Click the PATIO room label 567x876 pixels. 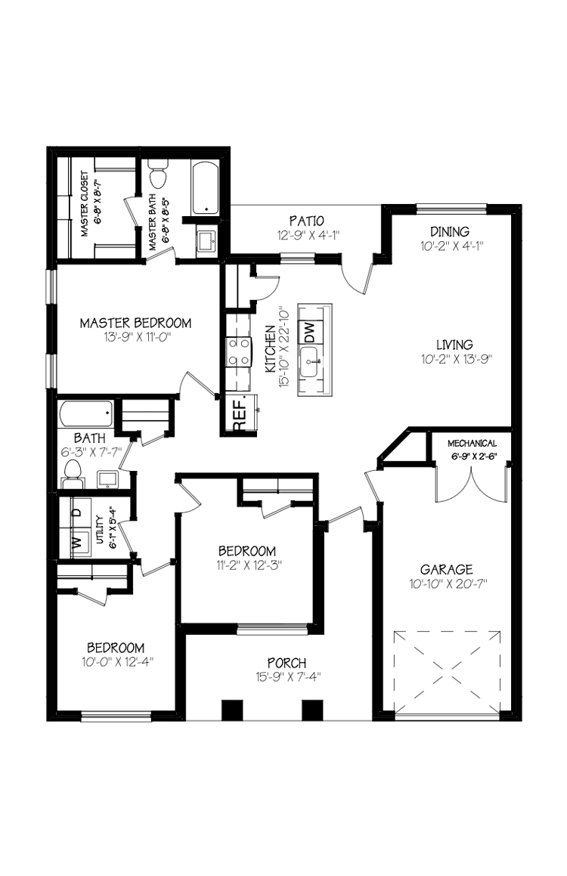pyautogui.click(x=307, y=221)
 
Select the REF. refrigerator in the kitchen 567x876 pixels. pyautogui.click(x=240, y=415)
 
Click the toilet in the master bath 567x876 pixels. pyautogui.click(x=158, y=176)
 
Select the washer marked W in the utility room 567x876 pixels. pyautogui.click(x=76, y=541)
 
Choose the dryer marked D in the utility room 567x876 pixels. pyautogui.click(x=76, y=512)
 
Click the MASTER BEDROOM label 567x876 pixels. pyautogui.click(x=136, y=323)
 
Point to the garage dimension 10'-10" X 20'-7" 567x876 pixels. pyautogui.click(x=448, y=583)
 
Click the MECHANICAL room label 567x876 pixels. pyautogui.click(x=472, y=444)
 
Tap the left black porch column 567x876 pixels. pyautogui.click(x=232, y=710)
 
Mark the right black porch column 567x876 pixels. pyautogui.click(x=312, y=710)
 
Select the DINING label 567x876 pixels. pyautogui.click(x=450, y=231)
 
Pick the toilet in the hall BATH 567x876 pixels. pyautogui.click(x=73, y=470)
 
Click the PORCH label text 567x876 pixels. pyautogui.click(x=281, y=664)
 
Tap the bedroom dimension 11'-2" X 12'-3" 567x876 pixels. pyautogui.click(x=247, y=564)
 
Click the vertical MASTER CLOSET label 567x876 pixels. pyautogui.click(x=85, y=204)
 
